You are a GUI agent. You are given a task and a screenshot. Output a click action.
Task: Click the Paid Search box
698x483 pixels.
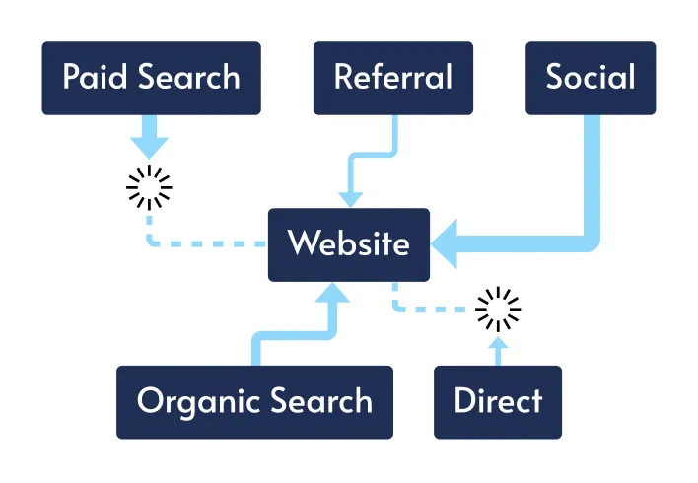151,78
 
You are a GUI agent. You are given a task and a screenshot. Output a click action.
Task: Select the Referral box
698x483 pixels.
393,78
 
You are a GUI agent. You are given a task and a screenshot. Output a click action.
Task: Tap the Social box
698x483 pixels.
591,78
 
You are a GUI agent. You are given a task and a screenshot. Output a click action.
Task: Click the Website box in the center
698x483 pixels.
349,243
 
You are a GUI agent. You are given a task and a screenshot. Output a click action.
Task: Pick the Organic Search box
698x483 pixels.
254,401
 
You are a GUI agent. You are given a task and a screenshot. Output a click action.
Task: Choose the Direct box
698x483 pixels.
498,401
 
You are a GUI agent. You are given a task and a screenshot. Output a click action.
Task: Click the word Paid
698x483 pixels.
95,78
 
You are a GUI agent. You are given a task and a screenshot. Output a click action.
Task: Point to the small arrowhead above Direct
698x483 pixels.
498,344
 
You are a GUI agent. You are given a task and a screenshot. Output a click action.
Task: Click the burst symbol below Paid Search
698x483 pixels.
150,186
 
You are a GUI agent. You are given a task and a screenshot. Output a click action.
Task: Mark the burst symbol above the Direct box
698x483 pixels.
498,310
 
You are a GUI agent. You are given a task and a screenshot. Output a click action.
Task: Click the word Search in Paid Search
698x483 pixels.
191,78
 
